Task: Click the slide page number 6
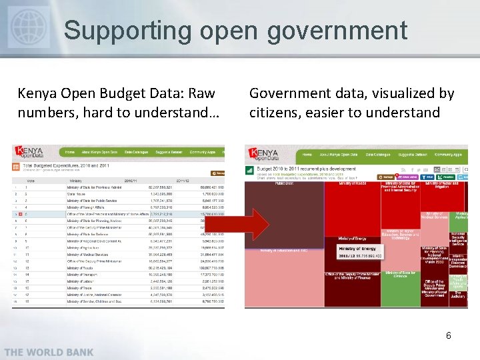tap(449, 335)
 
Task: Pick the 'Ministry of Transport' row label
tap(83, 274)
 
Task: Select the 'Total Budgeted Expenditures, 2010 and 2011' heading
tap(67, 164)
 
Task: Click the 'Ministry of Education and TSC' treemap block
tap(280, 250)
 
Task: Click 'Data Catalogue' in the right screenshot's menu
tap(379, 154)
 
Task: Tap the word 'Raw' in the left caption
tap(201, 93)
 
